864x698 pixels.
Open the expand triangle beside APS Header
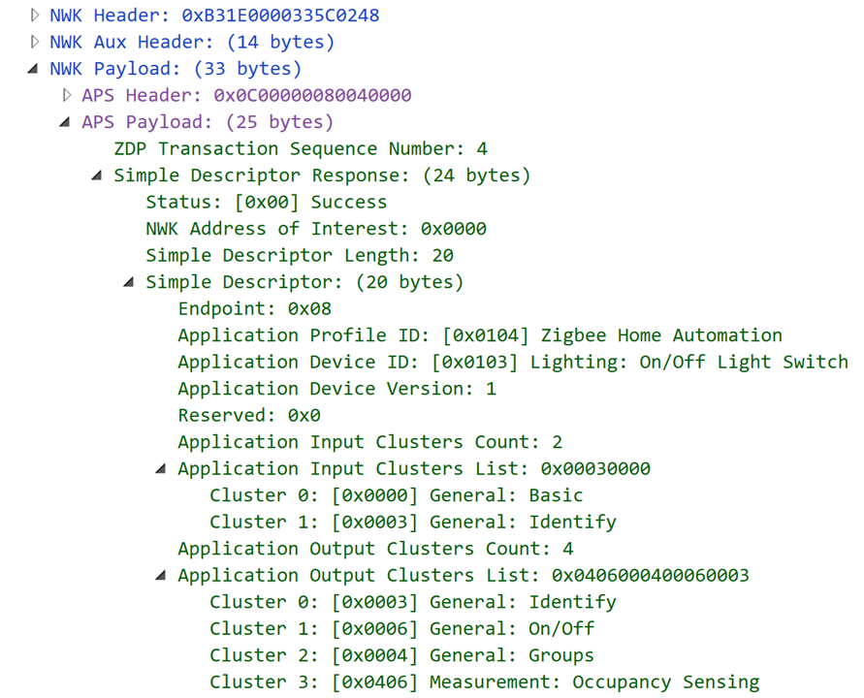[67, 95]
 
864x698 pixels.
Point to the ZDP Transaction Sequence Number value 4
[482, 148]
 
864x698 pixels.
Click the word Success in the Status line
[349, 202]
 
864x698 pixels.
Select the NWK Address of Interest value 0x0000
[454, 229]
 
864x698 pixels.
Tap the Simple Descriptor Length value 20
[443, 256]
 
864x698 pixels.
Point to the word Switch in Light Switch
[816, 362]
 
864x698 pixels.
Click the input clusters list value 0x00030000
[595, 468]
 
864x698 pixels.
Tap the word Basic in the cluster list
[556, 495]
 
